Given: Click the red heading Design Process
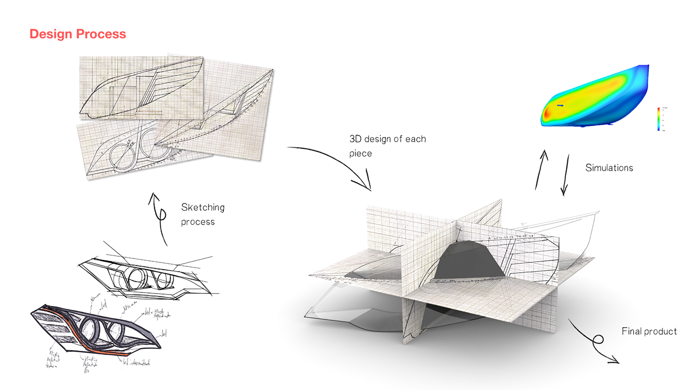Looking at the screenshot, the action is tap(78, 34).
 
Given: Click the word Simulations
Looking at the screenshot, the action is tap(609, 168).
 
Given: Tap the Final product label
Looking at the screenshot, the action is tap(649, 331).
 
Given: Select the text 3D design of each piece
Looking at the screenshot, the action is tap(387, 146).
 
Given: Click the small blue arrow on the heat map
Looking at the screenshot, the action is tap(560, 105).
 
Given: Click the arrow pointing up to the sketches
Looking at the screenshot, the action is tap(159, 218).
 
